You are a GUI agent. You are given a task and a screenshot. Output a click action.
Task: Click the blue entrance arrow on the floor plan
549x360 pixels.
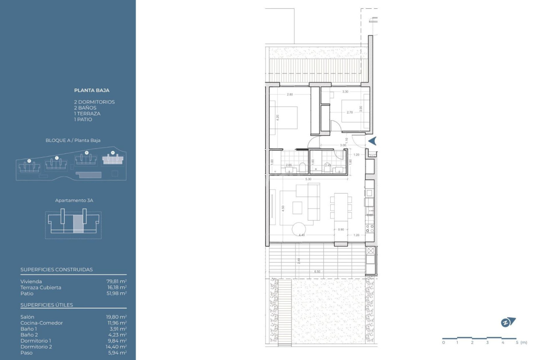click(372, 141)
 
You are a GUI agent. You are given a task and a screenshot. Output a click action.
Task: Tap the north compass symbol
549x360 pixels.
click(508, 322)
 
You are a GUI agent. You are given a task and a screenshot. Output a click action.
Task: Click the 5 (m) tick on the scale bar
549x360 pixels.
click(516, 342)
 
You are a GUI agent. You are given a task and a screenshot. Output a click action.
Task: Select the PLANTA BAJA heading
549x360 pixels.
click(91, 90)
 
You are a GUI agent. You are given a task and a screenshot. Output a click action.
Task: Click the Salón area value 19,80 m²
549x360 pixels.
click(116, 317)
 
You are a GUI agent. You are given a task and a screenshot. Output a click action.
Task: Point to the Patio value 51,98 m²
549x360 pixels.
click(116, 293)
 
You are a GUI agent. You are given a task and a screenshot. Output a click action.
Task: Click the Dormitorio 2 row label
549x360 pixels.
click(37, 347)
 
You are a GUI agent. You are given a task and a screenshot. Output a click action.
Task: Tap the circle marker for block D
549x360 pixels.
click(29, 161)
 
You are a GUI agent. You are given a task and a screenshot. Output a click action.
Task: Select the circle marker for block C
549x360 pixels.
click(56, 158)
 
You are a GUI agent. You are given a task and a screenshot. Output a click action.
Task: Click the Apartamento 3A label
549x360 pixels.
click(74, 200)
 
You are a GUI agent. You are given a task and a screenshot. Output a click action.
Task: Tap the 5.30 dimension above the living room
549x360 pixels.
click(308, 179)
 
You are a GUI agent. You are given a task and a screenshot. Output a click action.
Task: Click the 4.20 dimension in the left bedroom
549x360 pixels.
click(277, 118)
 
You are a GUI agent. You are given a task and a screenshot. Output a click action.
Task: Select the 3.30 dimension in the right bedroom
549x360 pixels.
click(345, 91)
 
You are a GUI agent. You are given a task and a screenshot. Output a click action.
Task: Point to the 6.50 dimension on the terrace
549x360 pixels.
click(317, 272)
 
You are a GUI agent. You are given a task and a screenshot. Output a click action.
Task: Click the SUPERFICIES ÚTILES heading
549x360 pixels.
click(47, 305)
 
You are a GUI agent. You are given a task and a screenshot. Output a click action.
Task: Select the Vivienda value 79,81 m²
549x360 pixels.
click(116, 282)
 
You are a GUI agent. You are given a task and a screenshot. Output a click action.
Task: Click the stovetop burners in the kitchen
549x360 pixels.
click(370, 228)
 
